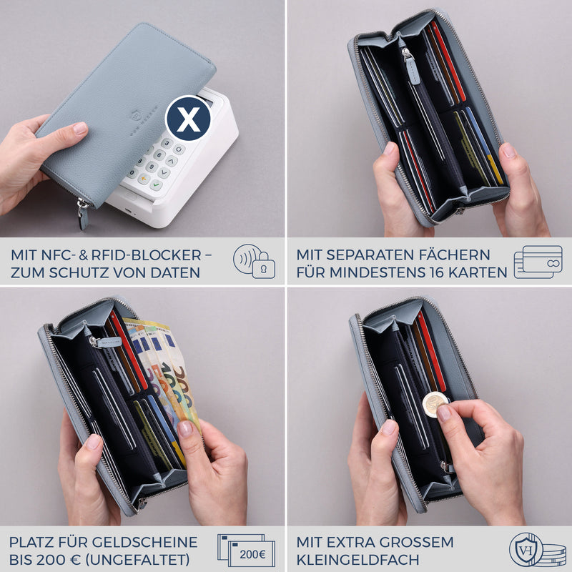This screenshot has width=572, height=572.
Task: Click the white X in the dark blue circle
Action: tap(188, 119)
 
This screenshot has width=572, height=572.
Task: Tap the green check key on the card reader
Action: tap(156, 185)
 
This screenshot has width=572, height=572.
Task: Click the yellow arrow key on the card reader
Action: tap(144, 179)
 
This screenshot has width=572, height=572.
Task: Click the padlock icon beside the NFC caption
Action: tap(263, 266)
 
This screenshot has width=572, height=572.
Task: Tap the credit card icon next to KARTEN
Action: tap(538, 262)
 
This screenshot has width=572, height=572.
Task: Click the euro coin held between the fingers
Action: tap(435, 404)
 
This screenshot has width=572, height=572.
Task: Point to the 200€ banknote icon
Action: tap(246, 551)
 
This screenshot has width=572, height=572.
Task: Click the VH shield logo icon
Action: tap(525, 549)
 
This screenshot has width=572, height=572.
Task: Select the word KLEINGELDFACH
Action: tap(358, 560)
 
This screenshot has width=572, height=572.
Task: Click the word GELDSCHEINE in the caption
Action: tap(144, 542)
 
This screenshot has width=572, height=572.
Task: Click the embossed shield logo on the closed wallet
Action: tap(135, 115)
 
